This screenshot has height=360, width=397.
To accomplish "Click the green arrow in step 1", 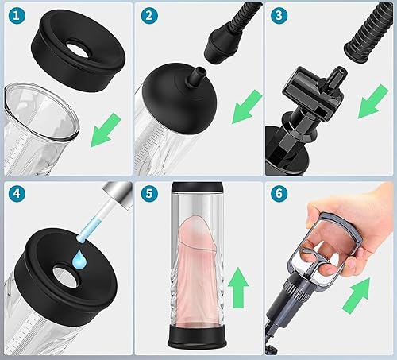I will click(x=106, y=130).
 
